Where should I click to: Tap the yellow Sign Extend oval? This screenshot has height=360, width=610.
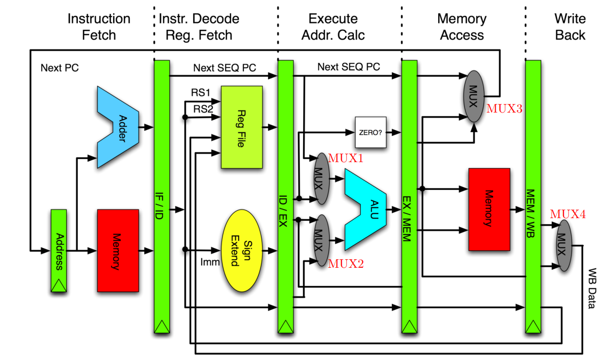(242, 250)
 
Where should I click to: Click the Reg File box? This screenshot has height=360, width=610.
(242, 127)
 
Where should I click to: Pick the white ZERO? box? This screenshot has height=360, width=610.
(370, 132)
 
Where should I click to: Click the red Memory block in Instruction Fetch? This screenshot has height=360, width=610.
(118, 250)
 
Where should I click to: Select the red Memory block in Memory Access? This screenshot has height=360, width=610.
(489, 210)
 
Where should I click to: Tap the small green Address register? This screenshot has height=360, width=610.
(59, 250)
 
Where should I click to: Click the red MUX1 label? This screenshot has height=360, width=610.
(345, 158)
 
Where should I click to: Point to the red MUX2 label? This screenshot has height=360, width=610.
(345, 263)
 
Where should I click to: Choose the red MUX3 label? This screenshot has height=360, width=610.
(504, 108)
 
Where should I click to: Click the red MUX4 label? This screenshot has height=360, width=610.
(568, 214)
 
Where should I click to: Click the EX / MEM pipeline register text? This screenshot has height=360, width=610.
(407, 219)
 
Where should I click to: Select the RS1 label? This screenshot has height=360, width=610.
(200, 92)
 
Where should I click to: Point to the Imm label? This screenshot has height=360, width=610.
(210, 262)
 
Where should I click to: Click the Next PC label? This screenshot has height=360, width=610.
(60, 68)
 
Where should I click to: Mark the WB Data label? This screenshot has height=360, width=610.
(592, 288)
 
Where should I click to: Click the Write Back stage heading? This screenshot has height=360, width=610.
(570, 27)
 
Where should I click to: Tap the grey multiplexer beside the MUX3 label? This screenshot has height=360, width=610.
(474, 96)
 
